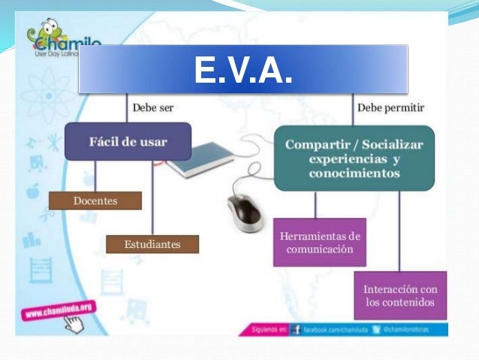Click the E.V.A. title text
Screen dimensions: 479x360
pos(243,70)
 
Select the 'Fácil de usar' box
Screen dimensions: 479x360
pos(128,141)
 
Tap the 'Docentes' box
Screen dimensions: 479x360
pos(95,200)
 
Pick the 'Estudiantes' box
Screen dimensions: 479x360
pos(152,244)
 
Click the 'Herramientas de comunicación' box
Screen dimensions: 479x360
pos(319,242)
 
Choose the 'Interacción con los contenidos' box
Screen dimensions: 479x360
pos(400,295)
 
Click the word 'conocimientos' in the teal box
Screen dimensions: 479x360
pos(354,173)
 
